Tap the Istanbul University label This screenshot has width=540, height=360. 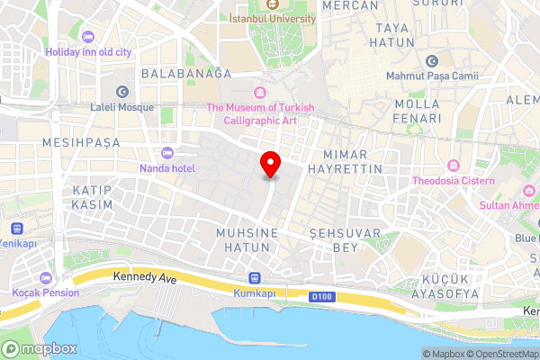273,17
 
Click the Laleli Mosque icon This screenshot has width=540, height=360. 123,91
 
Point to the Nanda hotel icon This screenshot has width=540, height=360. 166,152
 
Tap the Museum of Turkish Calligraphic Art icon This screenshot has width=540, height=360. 261,92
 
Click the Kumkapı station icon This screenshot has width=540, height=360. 254,278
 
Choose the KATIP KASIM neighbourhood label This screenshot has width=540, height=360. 93,198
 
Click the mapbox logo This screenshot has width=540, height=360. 38,348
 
